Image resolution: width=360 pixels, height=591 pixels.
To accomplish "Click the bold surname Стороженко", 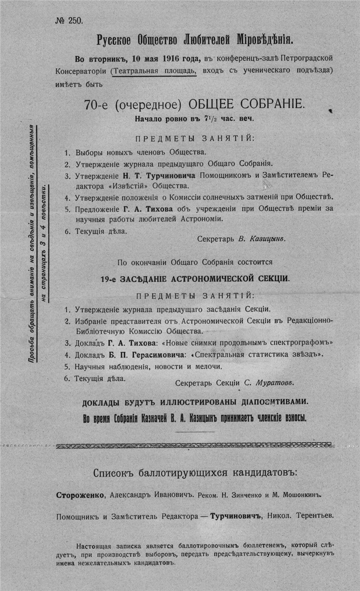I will click(x=81, y=495).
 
